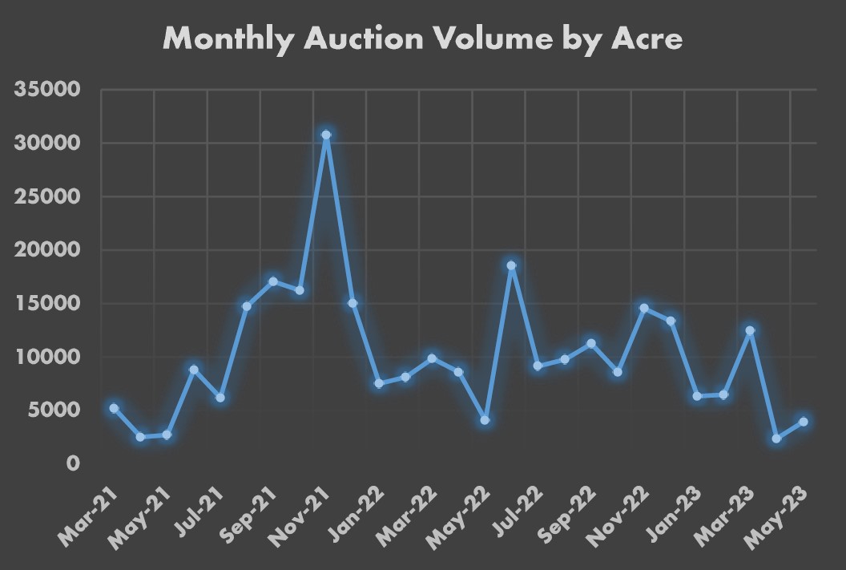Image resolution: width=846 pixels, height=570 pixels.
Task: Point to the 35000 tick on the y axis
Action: click(47, 90)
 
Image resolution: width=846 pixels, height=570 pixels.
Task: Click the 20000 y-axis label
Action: click(47, 250)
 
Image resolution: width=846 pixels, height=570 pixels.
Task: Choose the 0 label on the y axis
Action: click(73, 463)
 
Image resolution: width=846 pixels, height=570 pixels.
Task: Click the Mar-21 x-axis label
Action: click(88, 514)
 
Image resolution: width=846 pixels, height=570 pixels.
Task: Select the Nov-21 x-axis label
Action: click(300, 514)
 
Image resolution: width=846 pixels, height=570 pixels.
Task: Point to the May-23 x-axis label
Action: click(778, 514)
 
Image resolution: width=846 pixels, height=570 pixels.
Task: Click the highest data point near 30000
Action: click(325, 135)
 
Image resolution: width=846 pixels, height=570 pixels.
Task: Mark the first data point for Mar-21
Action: click(114, 408)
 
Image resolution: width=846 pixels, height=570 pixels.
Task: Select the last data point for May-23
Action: click(803, 422)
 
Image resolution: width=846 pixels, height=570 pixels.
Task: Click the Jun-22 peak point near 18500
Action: click(511, 265)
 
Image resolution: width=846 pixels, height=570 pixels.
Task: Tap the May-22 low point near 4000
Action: click(485, 420)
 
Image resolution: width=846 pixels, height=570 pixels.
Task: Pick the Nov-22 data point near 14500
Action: click(644, 308)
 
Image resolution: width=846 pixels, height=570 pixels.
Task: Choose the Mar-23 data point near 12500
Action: click(750, 330)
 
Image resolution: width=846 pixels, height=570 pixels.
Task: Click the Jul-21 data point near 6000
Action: click(220, 398)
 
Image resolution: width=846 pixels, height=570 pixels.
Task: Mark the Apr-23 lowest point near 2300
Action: click(776, 439)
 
